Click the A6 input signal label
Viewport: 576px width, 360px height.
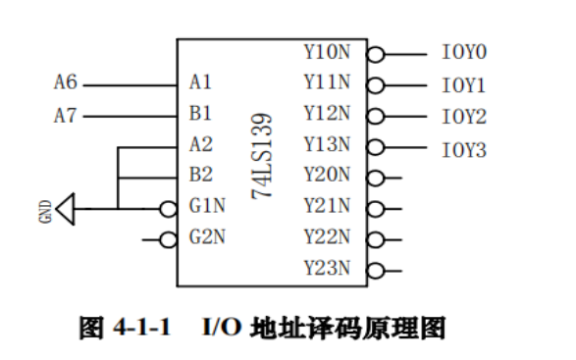point(65,83)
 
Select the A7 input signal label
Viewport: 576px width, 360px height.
point(65,116)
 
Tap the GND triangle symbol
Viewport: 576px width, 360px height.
point(66,208)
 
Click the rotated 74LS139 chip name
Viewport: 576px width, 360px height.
point(263,158)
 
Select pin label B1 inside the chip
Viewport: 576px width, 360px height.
point(200,115)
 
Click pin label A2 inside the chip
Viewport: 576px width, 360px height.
point(200,146)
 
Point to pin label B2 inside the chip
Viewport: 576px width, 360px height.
point(200,177)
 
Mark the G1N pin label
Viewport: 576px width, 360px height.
point(206,207)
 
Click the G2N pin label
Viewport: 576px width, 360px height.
point(206,237)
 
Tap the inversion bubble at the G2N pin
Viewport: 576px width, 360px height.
point(169,238)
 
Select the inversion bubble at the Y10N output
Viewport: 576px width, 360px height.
point(375,55)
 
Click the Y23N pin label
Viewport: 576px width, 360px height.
point(327,269)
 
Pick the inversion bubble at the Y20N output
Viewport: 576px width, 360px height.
point(375,178)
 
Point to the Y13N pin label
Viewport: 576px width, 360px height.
point(327,146)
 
